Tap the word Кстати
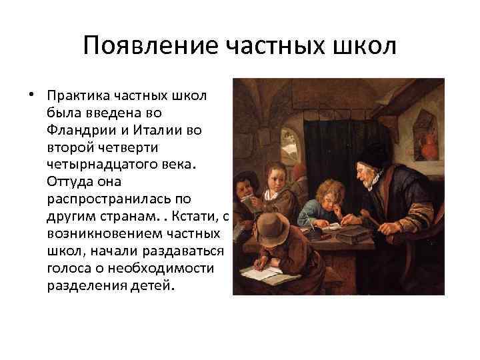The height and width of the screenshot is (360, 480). click(193, 217)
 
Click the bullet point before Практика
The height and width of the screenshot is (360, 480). click(31, 95)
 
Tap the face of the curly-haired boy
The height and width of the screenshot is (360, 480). click(324, 200)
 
